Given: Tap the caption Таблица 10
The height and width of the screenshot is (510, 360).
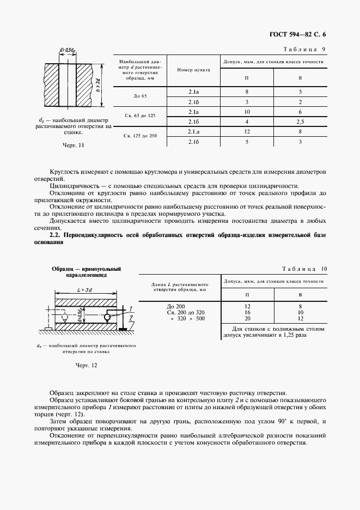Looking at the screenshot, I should point(304,269).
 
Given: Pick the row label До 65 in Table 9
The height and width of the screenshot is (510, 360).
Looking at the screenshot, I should point(141,96).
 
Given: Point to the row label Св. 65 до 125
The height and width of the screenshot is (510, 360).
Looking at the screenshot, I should point(141,116).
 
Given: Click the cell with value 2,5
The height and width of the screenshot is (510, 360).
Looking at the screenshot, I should point(301,121).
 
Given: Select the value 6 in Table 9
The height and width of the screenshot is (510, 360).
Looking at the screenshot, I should point(301,111).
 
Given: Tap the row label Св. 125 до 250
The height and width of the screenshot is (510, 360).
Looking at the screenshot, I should point(141,136).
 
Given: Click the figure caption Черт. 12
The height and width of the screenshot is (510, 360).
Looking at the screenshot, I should point(86,365).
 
